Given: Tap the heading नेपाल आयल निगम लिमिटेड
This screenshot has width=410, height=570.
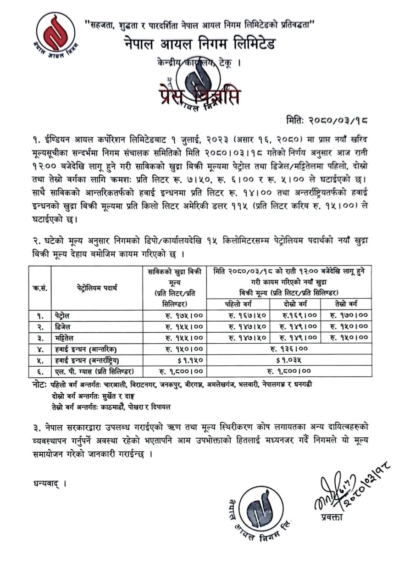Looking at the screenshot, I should click(x=199, y=44).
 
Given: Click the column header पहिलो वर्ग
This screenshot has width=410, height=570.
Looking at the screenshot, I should click(x=238, y=304).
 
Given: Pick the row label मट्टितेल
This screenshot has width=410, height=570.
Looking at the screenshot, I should click(x=66, y=338).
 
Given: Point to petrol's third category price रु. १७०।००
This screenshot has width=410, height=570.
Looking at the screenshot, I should click(x=349, y=316).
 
